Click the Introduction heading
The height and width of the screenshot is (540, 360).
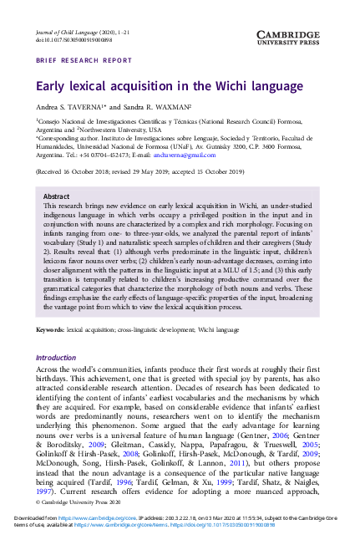(55, 357)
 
